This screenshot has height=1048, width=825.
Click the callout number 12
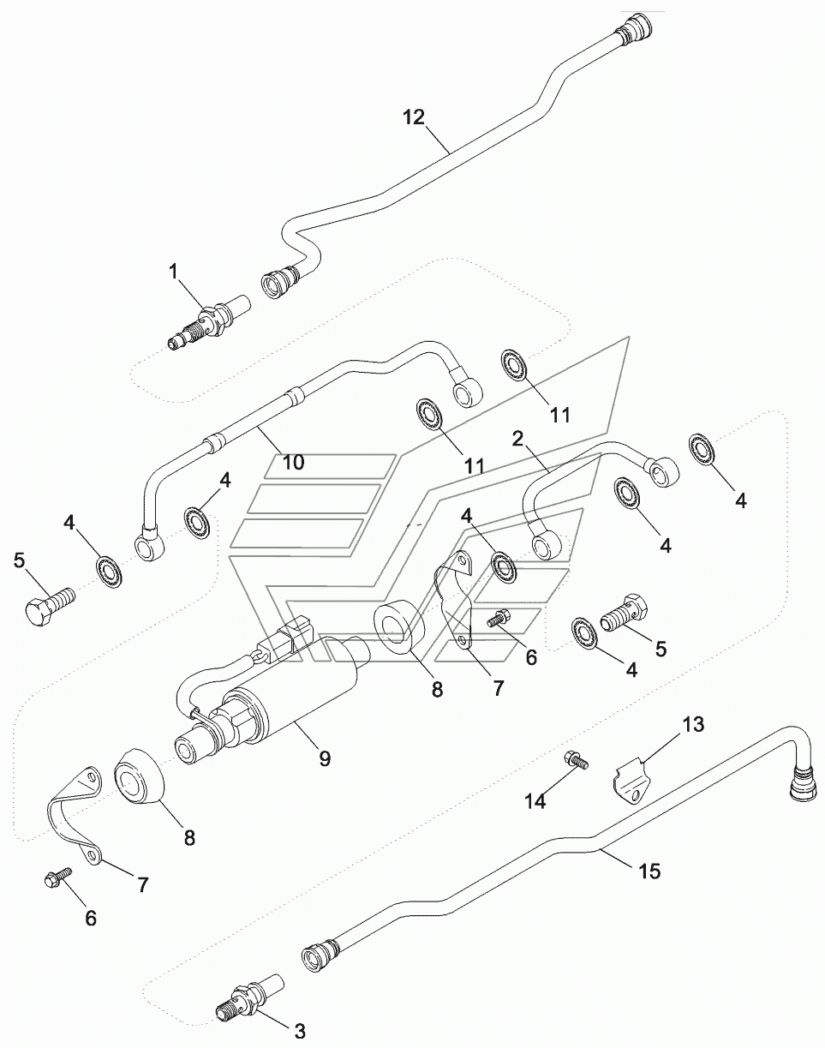coord(414,117)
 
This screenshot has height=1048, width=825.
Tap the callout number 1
coord(174,273)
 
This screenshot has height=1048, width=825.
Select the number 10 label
coord(293,463)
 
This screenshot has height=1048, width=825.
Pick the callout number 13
coord(693,725)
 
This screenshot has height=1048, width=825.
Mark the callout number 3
coord(300,1033)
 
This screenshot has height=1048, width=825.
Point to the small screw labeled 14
coord(574,760)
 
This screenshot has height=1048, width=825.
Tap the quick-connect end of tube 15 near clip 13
coord(804,782)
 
